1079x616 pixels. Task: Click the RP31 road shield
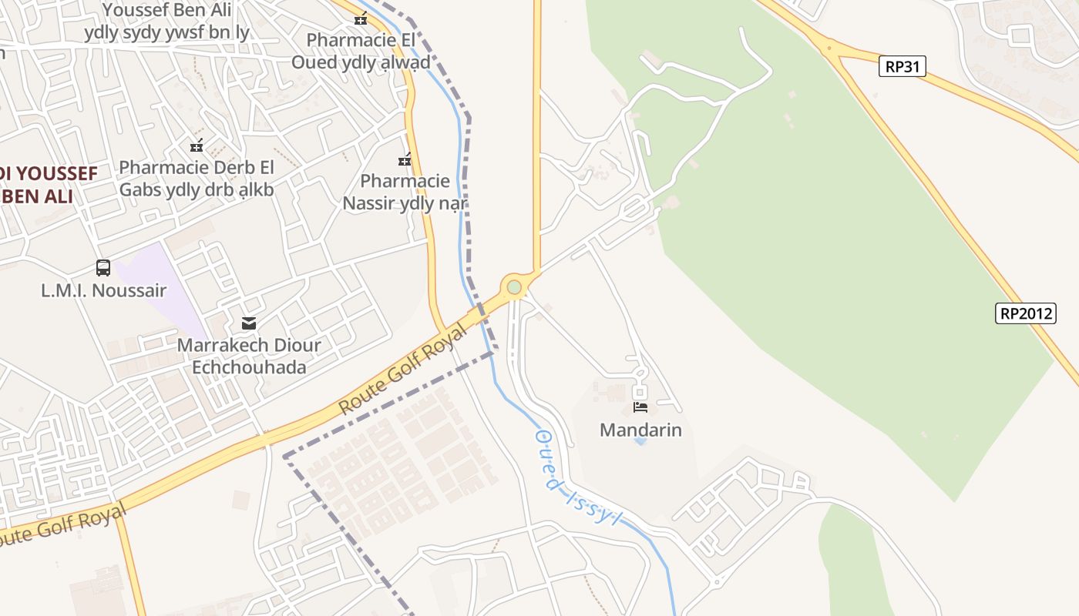tap(902, 66)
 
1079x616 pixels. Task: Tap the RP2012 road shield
tap(1025, 313)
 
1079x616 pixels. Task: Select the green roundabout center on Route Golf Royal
tap(514, 287)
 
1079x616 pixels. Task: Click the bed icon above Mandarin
tap(640, 407)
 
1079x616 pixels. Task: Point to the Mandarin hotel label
tap(640, 430)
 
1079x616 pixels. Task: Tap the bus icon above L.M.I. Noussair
tap(103, 268)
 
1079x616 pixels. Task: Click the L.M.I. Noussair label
tap(103, 290)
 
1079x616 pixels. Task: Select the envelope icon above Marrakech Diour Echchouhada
tap(249, 323)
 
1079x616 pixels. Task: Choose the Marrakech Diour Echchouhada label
tap(249, 356)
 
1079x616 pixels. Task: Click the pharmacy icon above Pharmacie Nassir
tap(405, 159)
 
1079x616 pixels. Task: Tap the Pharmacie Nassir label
tap(405, 192)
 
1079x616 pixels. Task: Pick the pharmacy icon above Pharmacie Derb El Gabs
tap(197, 145)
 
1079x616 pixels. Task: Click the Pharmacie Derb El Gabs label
tap(197, 178)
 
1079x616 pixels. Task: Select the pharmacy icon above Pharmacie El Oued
tap(361, 18)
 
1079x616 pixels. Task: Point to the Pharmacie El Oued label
tap(361, 51)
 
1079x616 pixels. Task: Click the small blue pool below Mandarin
tap(640, 442)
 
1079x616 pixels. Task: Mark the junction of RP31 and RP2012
tap(831, 49)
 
